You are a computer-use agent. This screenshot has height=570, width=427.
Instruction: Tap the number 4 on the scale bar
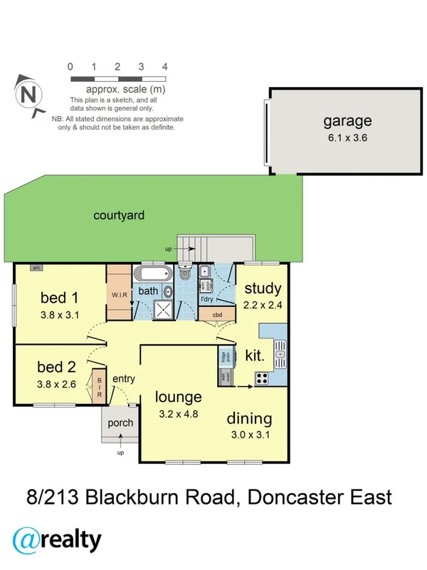[x=165, y=66]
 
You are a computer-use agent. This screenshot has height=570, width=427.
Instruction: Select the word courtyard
[x=120, y=214]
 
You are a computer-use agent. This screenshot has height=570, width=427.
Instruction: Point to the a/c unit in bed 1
[x=35, y=268]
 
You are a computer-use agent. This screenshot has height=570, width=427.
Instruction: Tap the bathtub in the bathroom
[x=153, y=274]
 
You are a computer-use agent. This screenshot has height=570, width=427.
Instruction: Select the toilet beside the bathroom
[x=185, y=273]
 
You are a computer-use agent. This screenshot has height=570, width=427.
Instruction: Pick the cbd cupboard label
[x=218, y=314]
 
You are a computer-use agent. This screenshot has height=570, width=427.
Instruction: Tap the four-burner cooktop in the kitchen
[x=261, y=378]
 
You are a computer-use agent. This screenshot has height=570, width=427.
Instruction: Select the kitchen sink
[x=280, y=351]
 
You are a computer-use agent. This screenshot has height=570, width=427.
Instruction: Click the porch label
[x=120, y=423]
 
